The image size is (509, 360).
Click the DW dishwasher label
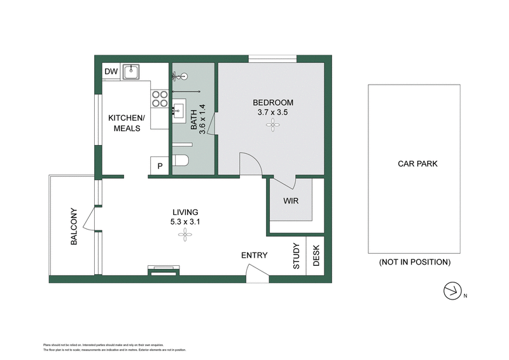[x=111, y=72]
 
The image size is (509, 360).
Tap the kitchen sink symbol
[x=131, y=71]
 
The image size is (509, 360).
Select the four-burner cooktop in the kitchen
[x=160, y=99]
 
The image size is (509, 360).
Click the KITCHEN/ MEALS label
[x=127, y=123]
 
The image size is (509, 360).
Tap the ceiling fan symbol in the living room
[x=185, y=236]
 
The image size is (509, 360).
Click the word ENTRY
[x=254, y=256]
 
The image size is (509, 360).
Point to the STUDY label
[x=296, y=256]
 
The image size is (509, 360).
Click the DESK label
[x=316, y=256]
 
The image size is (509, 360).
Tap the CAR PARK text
[x=417, y=163]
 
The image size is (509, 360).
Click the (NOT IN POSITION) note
[x=414, y=262]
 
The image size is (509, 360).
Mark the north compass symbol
[x=452, y=291]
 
